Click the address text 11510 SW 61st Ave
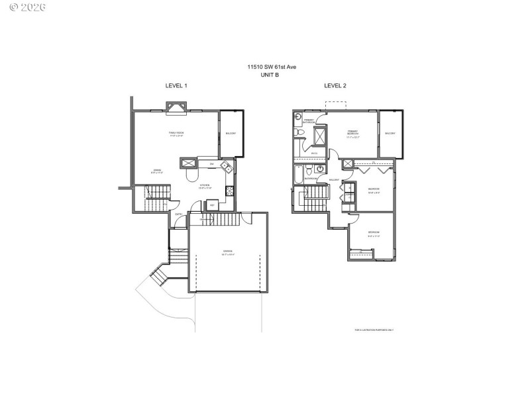click(270, 67)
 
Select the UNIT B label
click(270, 75)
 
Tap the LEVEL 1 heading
click(176, 86)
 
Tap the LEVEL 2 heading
click(335, 86)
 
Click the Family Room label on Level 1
click(176, 134)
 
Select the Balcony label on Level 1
click(231, 134)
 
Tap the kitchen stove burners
click(230, 191)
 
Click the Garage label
click(227, 252)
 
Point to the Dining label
click(157, 171)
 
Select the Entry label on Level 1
click(178, 214)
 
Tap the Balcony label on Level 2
click(390, 134)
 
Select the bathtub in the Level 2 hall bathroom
click(298, 175)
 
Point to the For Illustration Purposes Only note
click(374, 330)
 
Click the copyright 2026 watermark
click(18, 8)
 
